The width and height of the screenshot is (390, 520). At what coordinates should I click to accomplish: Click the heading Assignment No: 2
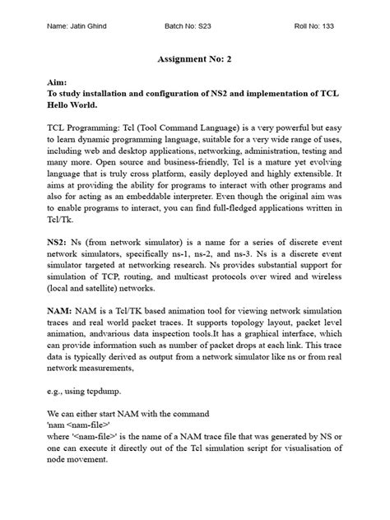point(194,60)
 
